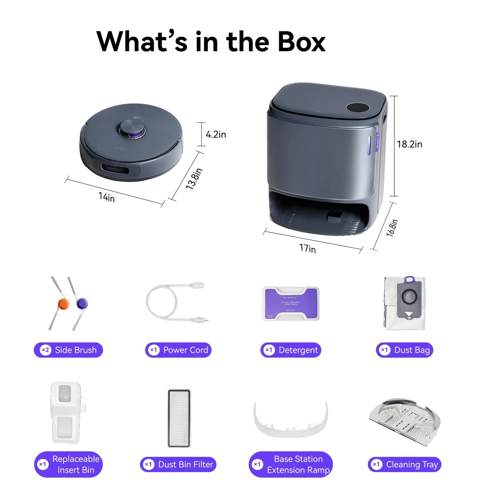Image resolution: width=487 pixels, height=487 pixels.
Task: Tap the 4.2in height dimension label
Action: click(x=216, y=134)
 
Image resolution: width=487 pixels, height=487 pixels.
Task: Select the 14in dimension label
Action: click(x=106, y=197)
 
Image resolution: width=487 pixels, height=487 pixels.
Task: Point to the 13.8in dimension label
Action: click(x=194, y=179)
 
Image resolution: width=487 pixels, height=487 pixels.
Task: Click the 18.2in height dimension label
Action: click(x=409, y=144)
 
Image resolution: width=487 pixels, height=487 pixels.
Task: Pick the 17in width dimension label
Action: click(x=307, y=248)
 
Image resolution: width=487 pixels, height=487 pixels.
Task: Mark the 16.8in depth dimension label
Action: click(x=392, y=228)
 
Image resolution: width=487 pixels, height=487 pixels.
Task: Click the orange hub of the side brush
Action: click(x=63, y=304)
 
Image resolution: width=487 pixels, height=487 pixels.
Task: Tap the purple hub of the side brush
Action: click(x=82, y=304)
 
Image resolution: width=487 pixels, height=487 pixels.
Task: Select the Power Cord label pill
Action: click(x=178, y=350)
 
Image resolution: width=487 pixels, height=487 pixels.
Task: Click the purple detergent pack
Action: click(x=291, y=303)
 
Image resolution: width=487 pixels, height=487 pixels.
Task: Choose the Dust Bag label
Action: click(x=404, y=350)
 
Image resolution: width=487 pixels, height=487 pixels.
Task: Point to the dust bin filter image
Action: click(x=179, y=418)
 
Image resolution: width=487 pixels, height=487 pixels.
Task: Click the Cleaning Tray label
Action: click(x=404, y=464)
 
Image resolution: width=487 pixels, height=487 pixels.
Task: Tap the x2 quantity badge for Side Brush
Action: click(x=45, y=350)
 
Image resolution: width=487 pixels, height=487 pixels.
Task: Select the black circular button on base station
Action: click(x=358, y=108)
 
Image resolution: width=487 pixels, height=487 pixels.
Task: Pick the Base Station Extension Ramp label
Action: click(x=291, y=464)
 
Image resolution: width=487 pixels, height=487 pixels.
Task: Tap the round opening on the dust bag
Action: click(x=409, y=297)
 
